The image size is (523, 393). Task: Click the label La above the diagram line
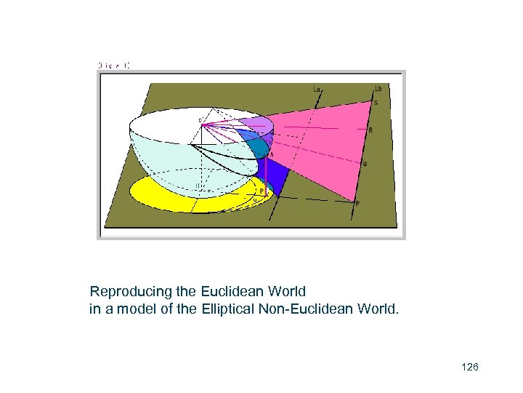[x=317, y=90]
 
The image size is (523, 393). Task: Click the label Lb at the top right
[x=378, y=90]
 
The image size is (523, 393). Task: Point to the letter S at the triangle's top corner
[x=376, y=103]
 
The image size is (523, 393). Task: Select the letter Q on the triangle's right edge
[x=365, y=164]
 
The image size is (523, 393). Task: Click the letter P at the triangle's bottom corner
[x=357, y=204]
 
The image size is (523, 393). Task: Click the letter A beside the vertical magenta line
[x=272, y=154]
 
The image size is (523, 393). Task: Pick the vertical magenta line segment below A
[x=267, y=175]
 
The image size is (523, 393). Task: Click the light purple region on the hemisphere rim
[x=258, y=124]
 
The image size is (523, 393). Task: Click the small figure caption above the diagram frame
[x=114, y=65]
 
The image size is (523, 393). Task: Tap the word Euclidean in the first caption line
[x=232, y=292]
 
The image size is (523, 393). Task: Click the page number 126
[x=470, y=368]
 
